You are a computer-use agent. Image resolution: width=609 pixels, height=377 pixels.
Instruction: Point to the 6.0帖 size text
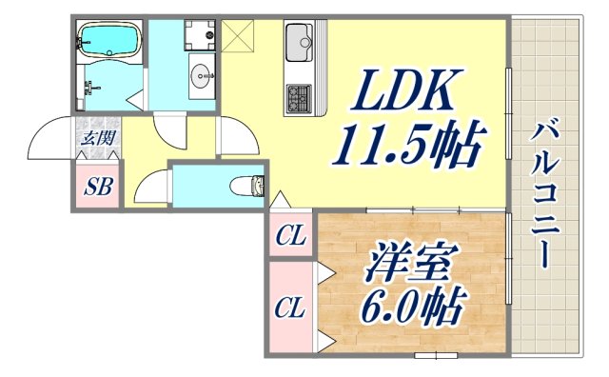point(412,306)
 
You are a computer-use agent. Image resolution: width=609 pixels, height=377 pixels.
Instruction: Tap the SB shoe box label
point(97,187)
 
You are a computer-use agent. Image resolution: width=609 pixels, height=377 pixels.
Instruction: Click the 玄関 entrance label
point(97,138)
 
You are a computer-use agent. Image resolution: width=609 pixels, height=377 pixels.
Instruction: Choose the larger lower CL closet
point(289,308)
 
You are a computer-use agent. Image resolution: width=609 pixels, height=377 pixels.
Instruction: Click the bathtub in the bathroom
point(107,40)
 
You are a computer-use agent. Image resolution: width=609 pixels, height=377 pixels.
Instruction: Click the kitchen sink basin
point(302,41)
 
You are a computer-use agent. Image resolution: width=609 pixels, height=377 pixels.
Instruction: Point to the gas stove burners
point(299,95)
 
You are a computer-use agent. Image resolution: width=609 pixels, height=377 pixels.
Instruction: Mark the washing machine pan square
point(200,34)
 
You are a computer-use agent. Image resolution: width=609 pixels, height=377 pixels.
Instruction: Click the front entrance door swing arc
point(49,141)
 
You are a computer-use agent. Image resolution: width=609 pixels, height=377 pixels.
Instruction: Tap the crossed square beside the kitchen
point(238,37)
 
